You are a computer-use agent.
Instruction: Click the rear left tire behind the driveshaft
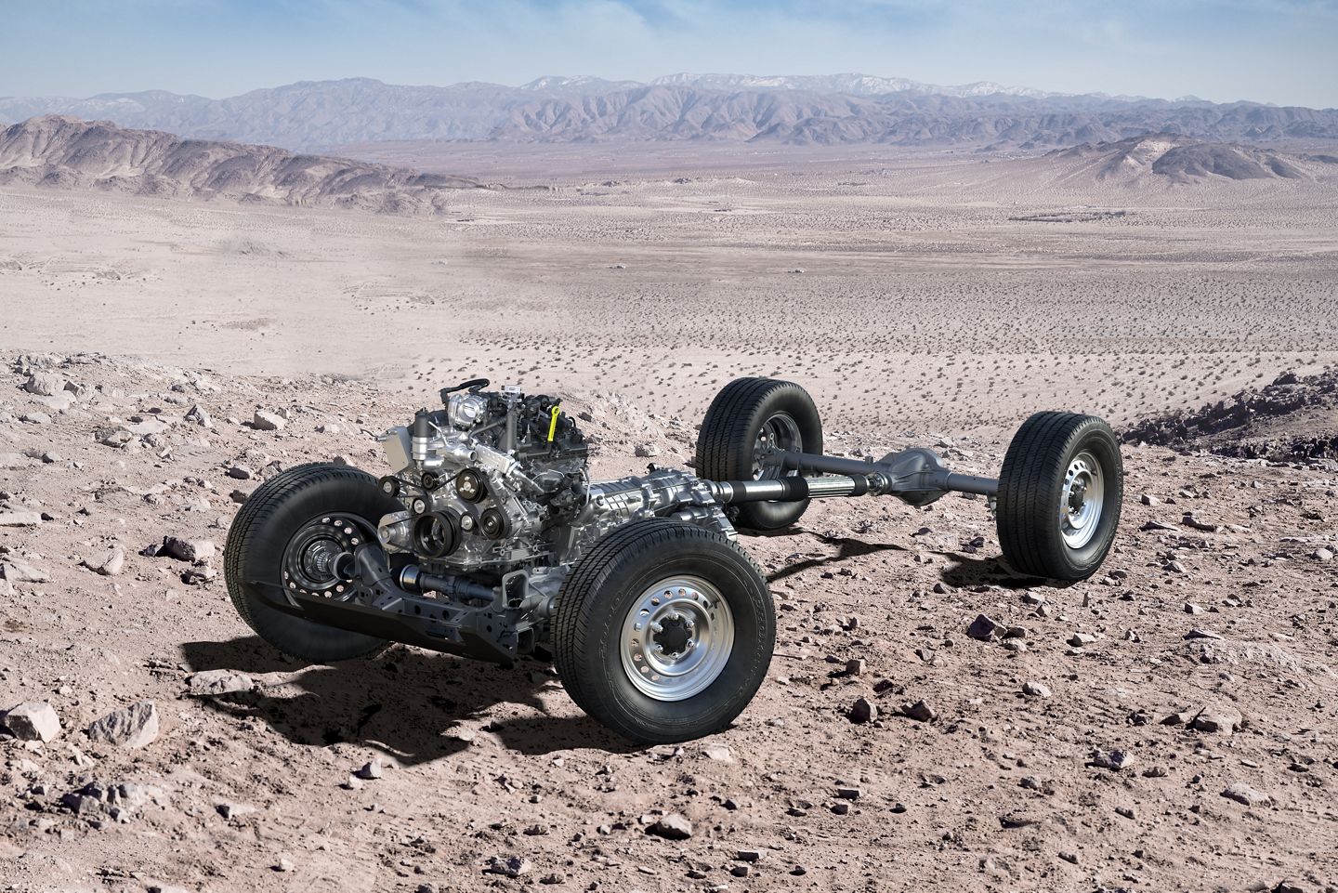[x=757, y=437]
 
